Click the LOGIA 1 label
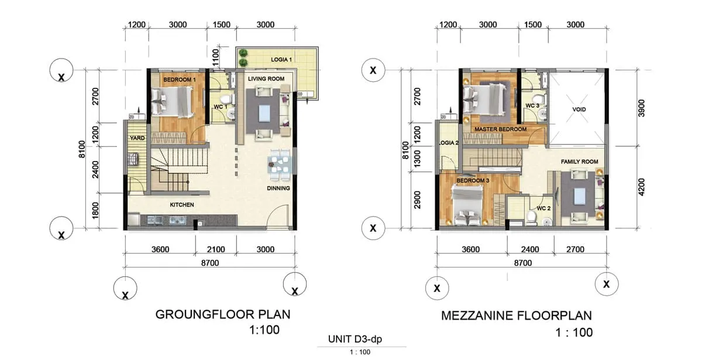coord(281,59)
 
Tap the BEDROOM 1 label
coord(180,80)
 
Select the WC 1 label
coord(221,107)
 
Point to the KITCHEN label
coord(182,205)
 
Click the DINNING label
coord(278,188)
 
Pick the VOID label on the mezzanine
coord(579,109)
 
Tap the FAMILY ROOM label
coord(580,162)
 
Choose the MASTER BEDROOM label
coord(501,129)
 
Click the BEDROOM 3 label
coord(473,181)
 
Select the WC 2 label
coord(543,208)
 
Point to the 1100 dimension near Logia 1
coord(216,57)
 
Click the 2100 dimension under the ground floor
coord(216,249)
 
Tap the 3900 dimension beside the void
coord(642,108)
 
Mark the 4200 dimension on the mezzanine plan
coord(642,187)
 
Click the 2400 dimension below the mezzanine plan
coord(530,249)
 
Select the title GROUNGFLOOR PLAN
coord(223,314)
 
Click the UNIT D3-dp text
coord(355,339)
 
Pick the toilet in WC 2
coord(531,217)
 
